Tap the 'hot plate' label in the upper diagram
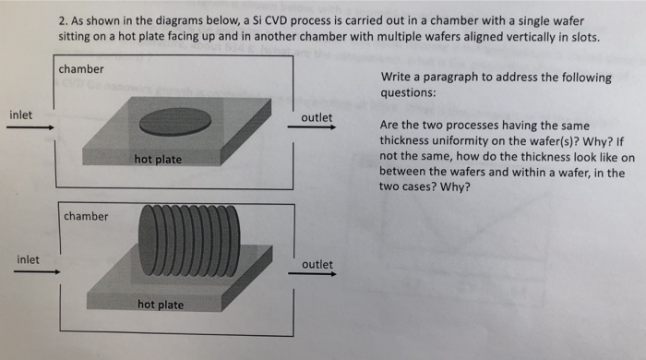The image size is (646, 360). pyautogui.click(x=158, y=160)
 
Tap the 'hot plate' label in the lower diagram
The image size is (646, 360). pyautogui.click(x=161, y=305)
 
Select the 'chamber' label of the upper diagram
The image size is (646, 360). pyautogui.click(x=81, y=69)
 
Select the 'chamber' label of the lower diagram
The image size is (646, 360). pyautogui.click(x=86, y=216)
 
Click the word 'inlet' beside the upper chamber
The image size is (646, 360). pyautogui.click(x=21, y=114)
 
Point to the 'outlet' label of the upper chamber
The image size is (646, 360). pyautogui.click(x=317, y=118)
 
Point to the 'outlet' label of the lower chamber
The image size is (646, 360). pyautogui.click(x=317, y=264)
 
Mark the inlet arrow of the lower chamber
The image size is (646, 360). pyautogui.click(x=37, y=272)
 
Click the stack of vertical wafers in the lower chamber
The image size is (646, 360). pyautogui.click(x=191, y=238)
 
